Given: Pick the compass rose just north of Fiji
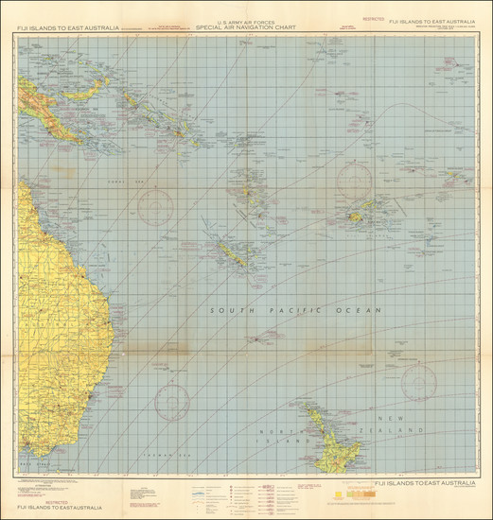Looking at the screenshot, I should [x=354, y=179].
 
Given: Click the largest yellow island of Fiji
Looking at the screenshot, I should [x=358, y=217].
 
